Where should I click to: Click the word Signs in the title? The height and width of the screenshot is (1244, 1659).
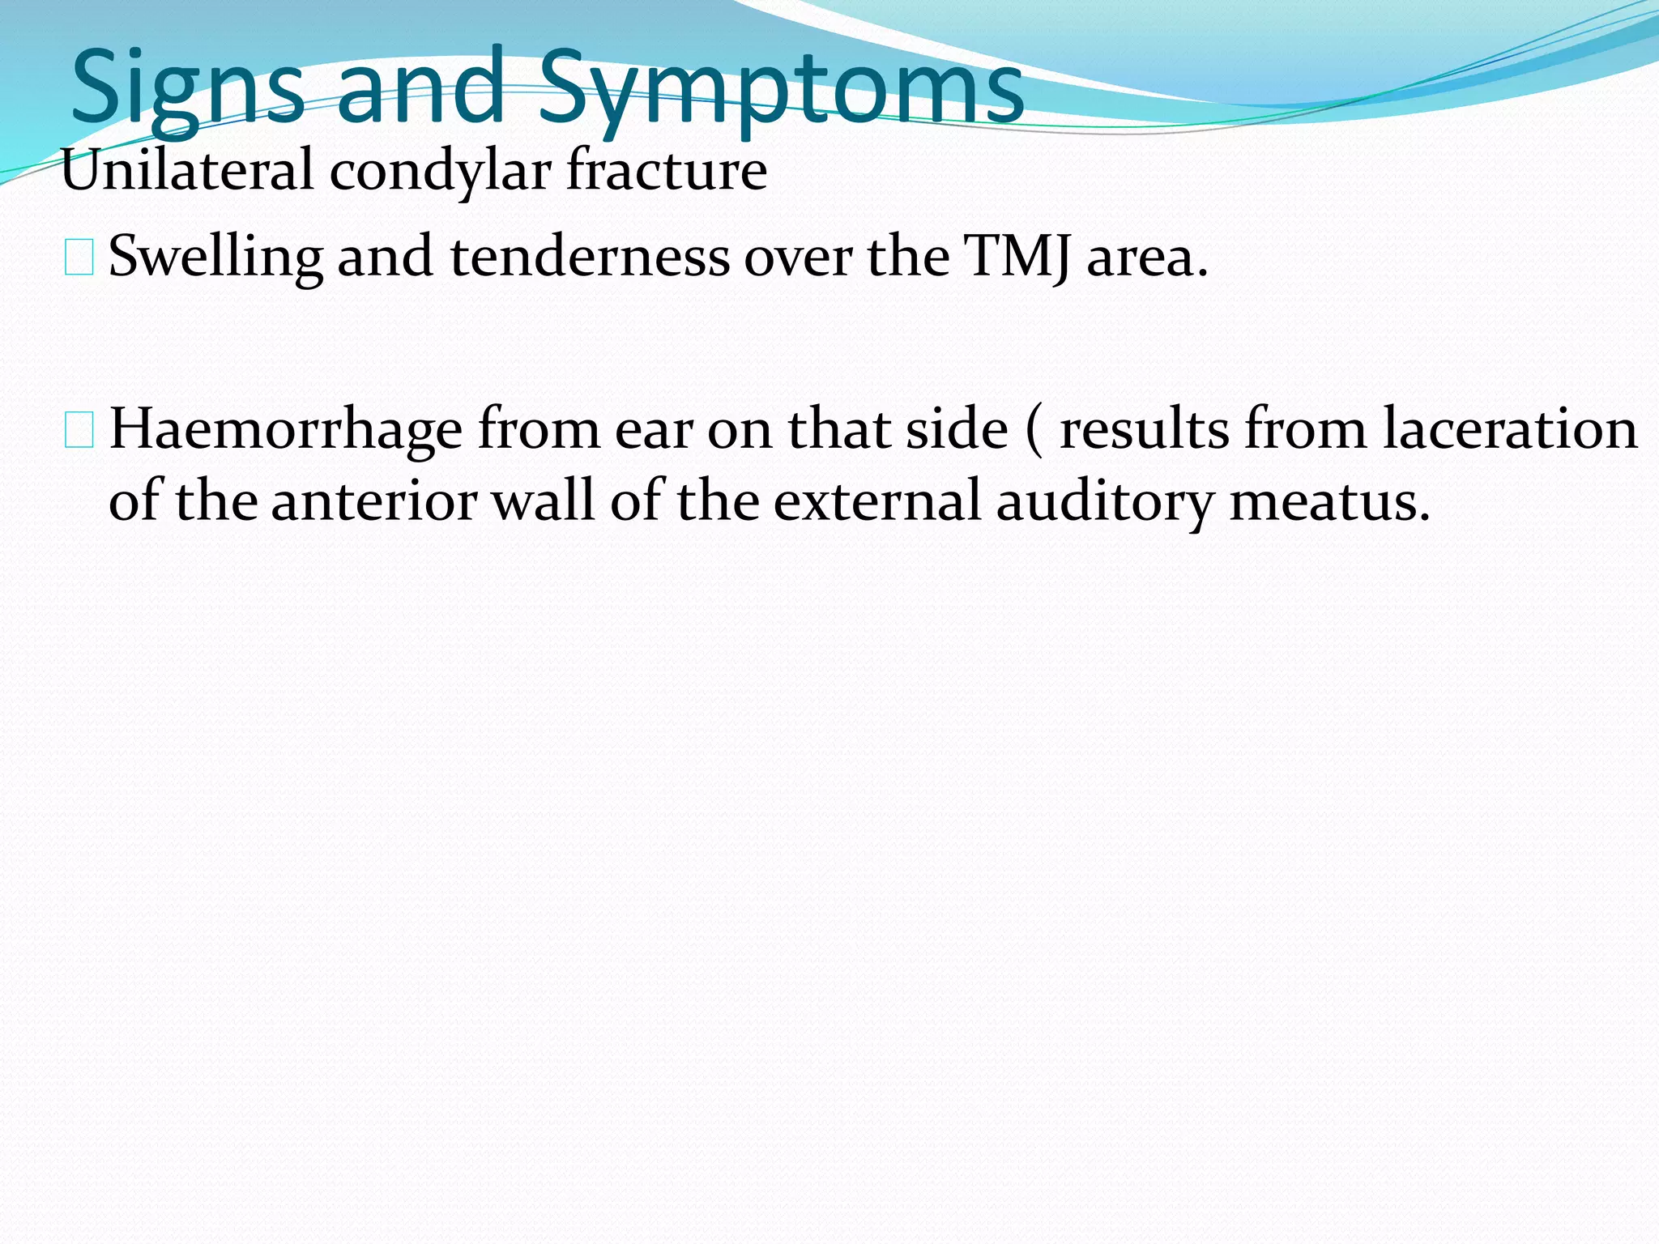[x=188, y=89]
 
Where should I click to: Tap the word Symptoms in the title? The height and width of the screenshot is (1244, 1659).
[x=781, y=89]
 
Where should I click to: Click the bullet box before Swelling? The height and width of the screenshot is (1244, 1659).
[x=79, y=257]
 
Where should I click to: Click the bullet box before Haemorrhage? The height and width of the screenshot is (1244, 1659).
[x=79, y=429]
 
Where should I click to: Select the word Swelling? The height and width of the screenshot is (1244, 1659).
[x=215, y=258]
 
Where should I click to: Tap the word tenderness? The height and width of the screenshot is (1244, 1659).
[x=590, y=256]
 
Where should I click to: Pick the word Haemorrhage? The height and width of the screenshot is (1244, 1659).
[x=285, y=429]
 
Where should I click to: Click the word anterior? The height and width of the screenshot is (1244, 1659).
[x=374, y=501]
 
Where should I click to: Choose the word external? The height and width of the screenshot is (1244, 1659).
[x=877, y=501]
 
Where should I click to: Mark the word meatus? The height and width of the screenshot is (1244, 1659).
[x=1329, y=501]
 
